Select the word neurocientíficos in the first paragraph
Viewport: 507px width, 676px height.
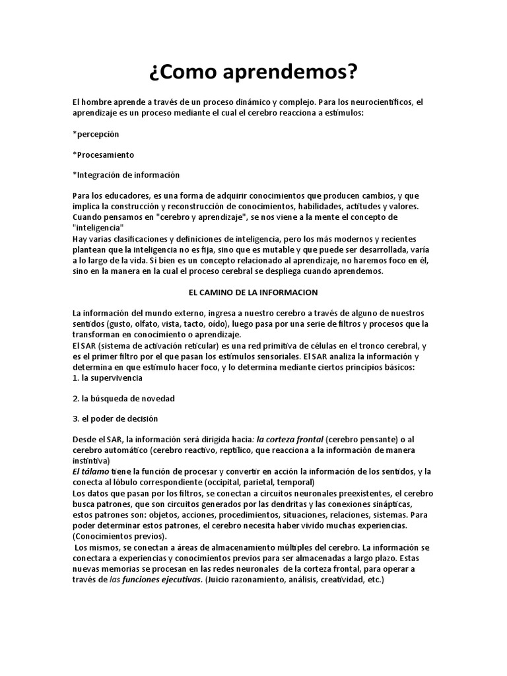[x=370, y=102]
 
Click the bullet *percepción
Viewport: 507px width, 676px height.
[x=96, y=134]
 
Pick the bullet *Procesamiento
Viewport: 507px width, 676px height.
[x=103, y=154]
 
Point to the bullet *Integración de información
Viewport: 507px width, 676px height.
[x=125, y=175]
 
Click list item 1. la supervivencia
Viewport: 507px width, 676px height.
[x=107, y=378]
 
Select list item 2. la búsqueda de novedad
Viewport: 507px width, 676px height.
[x=123, y=399]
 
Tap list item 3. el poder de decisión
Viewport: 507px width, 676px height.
[x=116, y=419]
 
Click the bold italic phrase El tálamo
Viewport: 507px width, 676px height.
[x=90, y=471]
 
